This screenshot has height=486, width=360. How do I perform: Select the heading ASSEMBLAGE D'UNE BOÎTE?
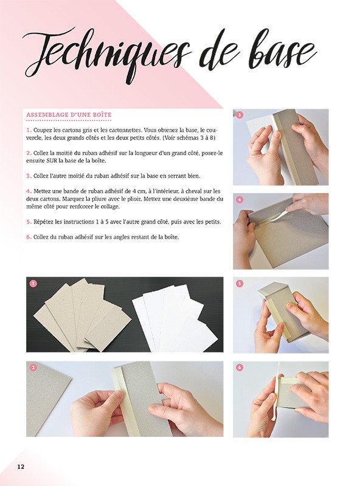(x=69, y=115)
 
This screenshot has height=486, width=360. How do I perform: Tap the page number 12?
(x=21, y=467)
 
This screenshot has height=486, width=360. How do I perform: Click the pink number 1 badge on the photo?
(x=33, y=283)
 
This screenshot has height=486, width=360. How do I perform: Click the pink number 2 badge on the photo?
(x=33, y=368)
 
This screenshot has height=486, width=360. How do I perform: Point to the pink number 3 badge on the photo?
(x=240, y=115)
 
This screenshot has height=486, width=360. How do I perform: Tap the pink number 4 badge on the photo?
(x=240, y=199)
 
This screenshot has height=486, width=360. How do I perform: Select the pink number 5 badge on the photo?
(x=240, y=283)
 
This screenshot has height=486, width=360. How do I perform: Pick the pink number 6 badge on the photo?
(x=240, y=368)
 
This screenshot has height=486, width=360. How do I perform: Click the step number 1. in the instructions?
(x=29, y=130)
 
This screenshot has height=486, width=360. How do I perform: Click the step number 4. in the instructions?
(x=29, y=191)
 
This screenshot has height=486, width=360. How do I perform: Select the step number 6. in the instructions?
(x=29, y=236)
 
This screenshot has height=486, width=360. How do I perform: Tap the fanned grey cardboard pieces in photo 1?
(x=79, y=316)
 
